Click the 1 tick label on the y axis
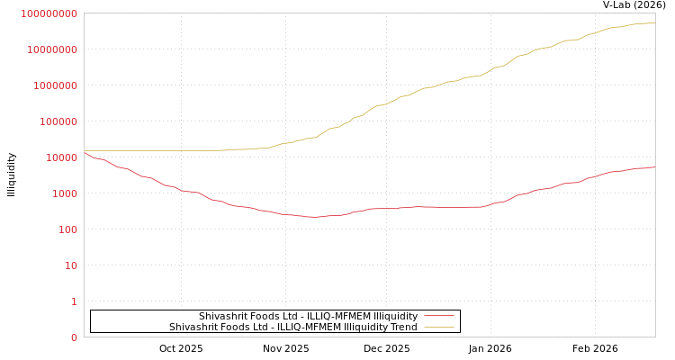tap(74, 301)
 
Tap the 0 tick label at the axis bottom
tap(74, 337)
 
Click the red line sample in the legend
tap(438, 316)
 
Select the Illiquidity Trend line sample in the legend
tap(438, 327)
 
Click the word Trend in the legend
tap(403, 327)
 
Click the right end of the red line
tap(654, 167)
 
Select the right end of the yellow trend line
tap(654, 23)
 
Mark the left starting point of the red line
tap(85, 152)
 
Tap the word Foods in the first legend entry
tap(263, 316)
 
